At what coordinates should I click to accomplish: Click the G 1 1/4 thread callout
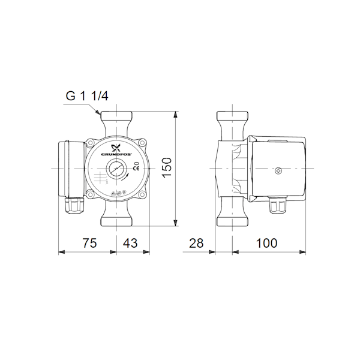click(87, 96)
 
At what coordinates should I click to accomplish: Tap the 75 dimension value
click(90, 243)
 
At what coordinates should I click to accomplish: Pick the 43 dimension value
click(130, 243)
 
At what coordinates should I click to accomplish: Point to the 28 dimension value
click(196, 243)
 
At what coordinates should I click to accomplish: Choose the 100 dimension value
click(266, 243)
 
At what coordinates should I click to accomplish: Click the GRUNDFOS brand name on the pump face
click(116, 154)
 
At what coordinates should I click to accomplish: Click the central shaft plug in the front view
click(116, 169)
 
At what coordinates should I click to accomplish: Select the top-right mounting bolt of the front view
click(143, 143)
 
